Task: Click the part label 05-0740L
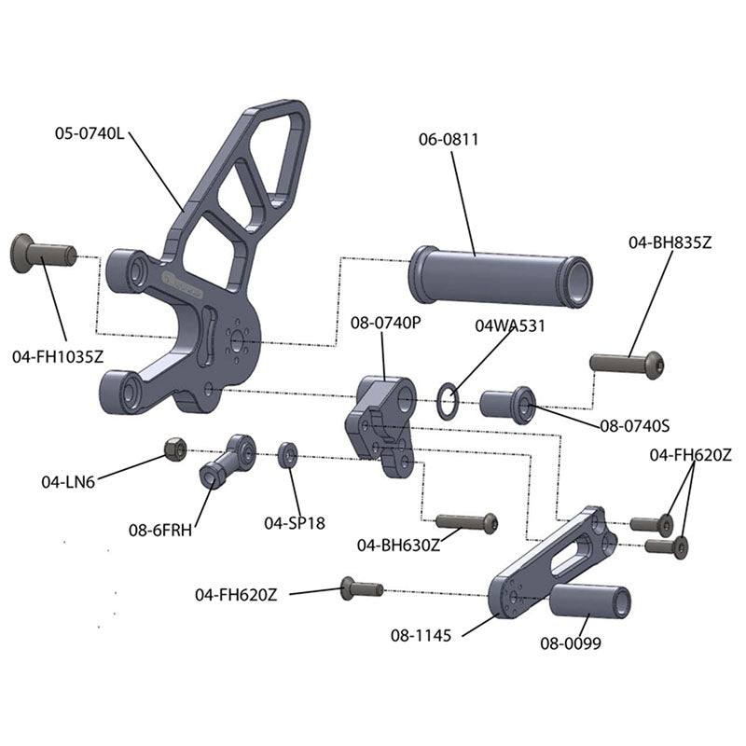coord(89,133)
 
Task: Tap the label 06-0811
coord(449,140)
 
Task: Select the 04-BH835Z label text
coord(670,242)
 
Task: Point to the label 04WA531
coord(510,326)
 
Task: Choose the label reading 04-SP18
coord(295,523)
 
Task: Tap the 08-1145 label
coord(421,636)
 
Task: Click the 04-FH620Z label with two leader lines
coord(690,455)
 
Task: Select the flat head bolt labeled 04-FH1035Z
coord(42,254)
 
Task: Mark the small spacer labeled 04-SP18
coord(288,455)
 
